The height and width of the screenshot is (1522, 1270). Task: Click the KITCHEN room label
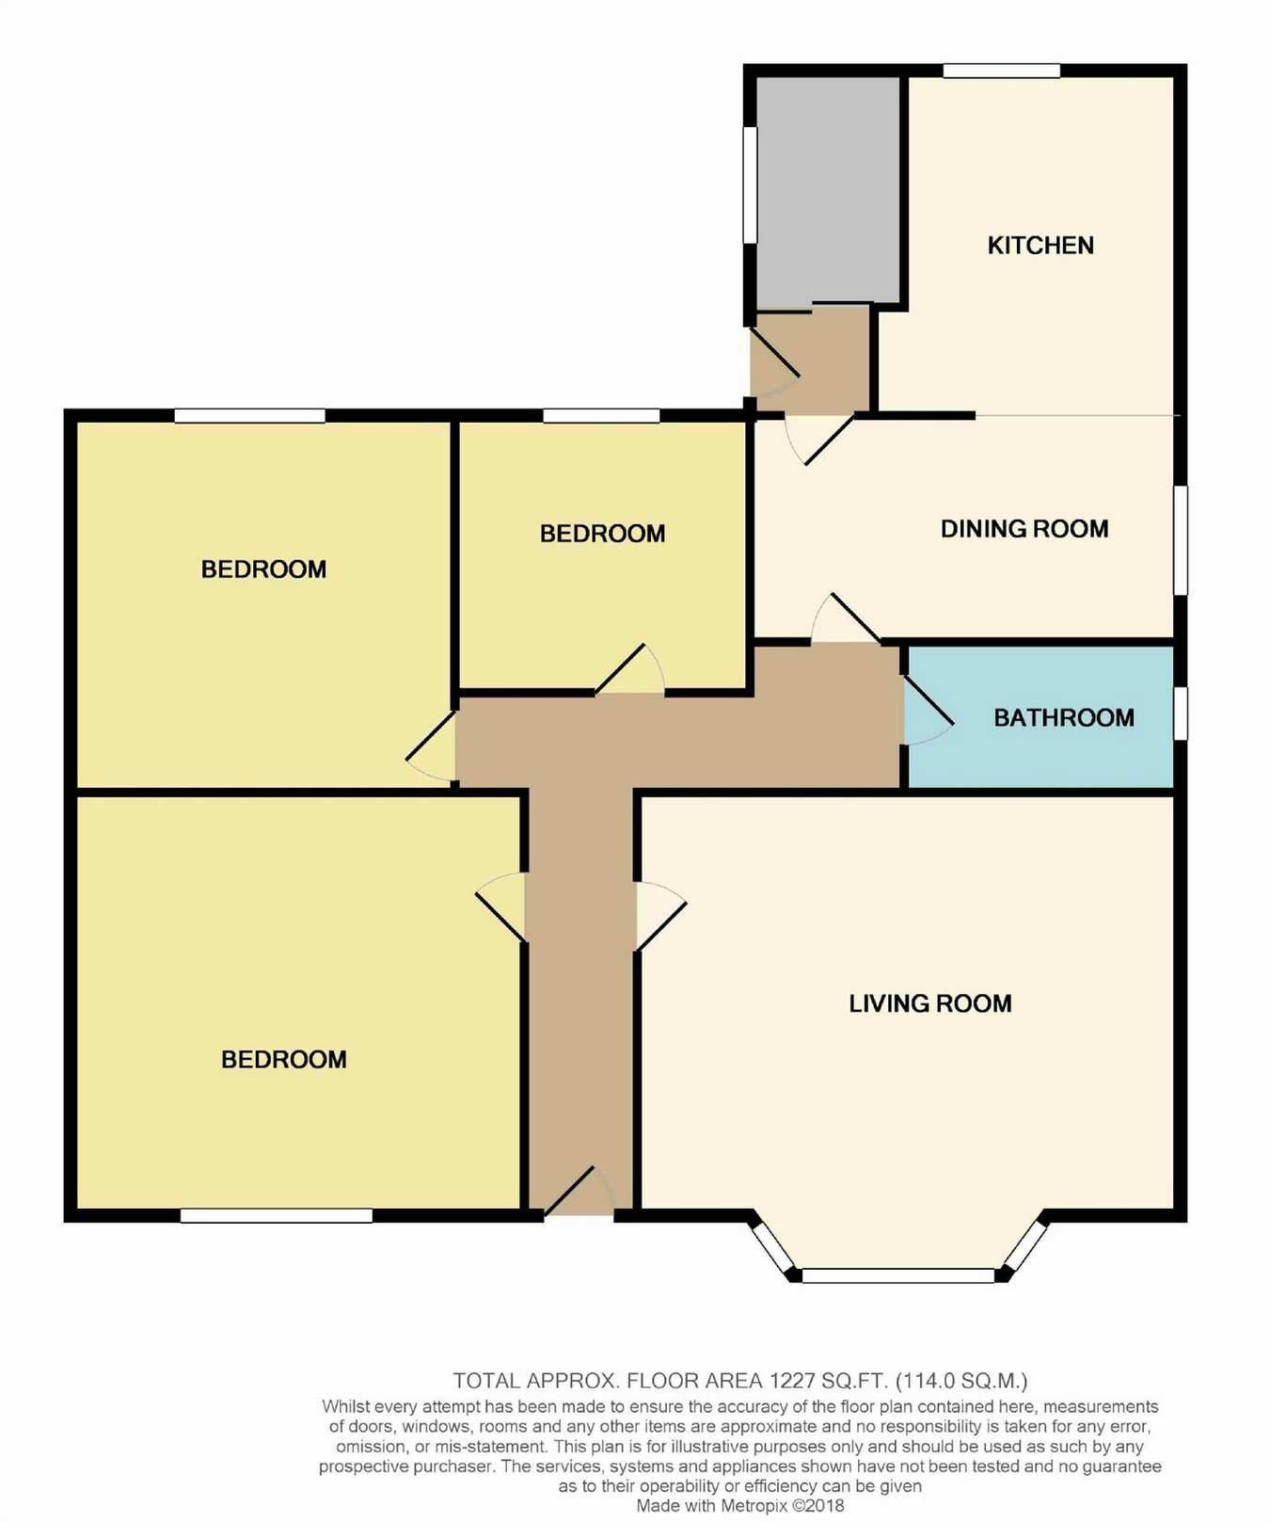(x=1040, y=246)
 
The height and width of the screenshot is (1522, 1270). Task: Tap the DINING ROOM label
(x=1024, y=529)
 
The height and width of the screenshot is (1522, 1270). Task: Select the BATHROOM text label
(x=1064, y=718)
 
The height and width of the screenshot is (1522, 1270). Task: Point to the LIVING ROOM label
(x=930, y=1003)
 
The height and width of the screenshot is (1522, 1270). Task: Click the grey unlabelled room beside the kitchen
(x=828, y=192)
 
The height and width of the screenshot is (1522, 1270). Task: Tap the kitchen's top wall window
(x=1002, y=71)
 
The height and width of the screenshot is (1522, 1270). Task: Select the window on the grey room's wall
(x=750, y=184)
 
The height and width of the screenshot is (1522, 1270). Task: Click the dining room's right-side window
(x=1181, y=540)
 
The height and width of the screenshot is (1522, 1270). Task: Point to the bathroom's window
(x=1181, y=713)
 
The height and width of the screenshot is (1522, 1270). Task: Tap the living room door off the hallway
(x=661, y=916)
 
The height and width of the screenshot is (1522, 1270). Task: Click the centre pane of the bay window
(x=897, y=1275)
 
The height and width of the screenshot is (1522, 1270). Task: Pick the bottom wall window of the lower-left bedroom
(x=277, y=1215)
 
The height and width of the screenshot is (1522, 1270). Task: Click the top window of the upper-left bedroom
(x=249, y=415)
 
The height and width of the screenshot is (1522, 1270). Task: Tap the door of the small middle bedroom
(x=629, y=669)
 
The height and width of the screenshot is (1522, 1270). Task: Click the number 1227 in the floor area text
(x=791, y=1381)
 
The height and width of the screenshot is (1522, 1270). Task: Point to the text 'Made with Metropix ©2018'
(x=740, y=1505)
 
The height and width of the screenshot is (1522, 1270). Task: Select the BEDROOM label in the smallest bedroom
(x=603, y=534)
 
